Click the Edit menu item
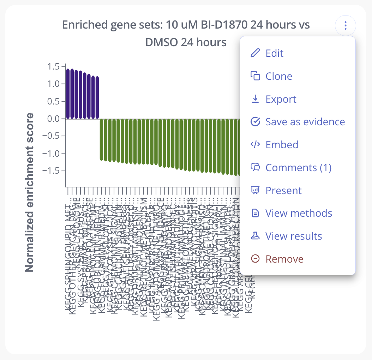coord(275,53)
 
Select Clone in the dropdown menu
coord(279,76)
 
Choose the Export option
coord(281,99)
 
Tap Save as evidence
coord(305,122)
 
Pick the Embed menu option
coord(282,145)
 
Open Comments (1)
coord(298,168)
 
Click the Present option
coord(283,191)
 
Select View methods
coord(299,213)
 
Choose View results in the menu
coord(294,236)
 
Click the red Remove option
coord(284,259)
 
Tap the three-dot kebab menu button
coord(346,26)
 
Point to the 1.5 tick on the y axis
coord(54,67)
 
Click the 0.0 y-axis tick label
coord(54,119)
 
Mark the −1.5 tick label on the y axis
coord(52,171)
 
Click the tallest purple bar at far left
coord(68,94)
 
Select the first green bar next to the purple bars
coord(102,139)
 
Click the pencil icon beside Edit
coord(255,53)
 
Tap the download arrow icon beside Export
coord(255,99)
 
